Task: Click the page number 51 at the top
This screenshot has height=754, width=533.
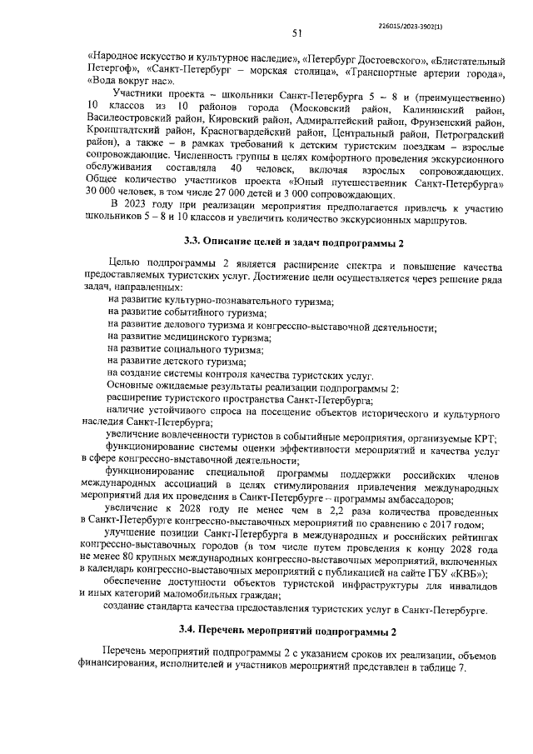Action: [296, 34]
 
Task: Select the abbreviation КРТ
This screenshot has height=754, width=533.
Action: [483, 437]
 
